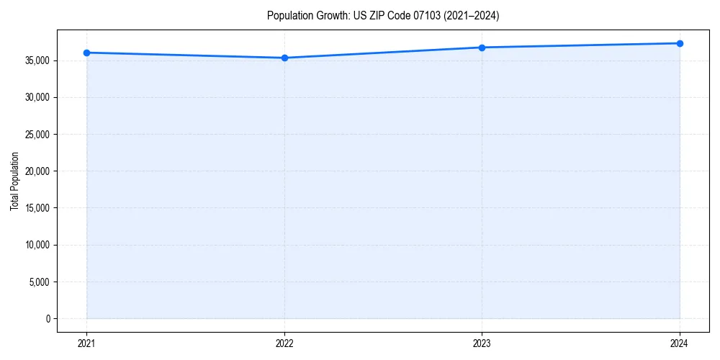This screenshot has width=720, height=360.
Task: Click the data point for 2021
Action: coord(86,53)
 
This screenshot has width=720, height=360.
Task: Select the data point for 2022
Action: coord(284,58)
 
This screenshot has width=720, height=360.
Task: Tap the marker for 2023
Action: coord(482,48)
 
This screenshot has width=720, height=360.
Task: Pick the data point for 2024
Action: coord(680,43)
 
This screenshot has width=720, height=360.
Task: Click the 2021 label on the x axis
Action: coord(86,343)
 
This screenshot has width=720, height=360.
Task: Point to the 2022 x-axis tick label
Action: coord(284,343)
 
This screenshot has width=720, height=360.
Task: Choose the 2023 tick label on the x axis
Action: coord(482,343)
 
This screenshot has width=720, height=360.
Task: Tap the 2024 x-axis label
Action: coord(680,343)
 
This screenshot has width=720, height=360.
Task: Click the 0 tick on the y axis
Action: coord(48,318)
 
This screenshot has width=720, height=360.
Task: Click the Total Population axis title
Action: coord(14,181)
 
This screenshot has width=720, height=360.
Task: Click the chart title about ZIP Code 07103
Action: coord(382,15)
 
